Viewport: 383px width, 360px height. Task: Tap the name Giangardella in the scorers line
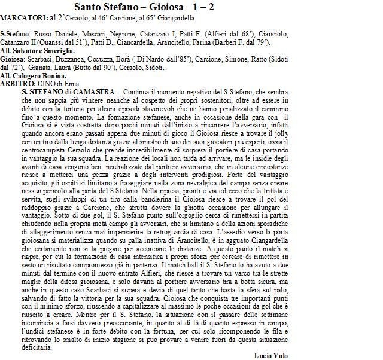tap(182, 19)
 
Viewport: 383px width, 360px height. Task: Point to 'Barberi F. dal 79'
tap(246, 42)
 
